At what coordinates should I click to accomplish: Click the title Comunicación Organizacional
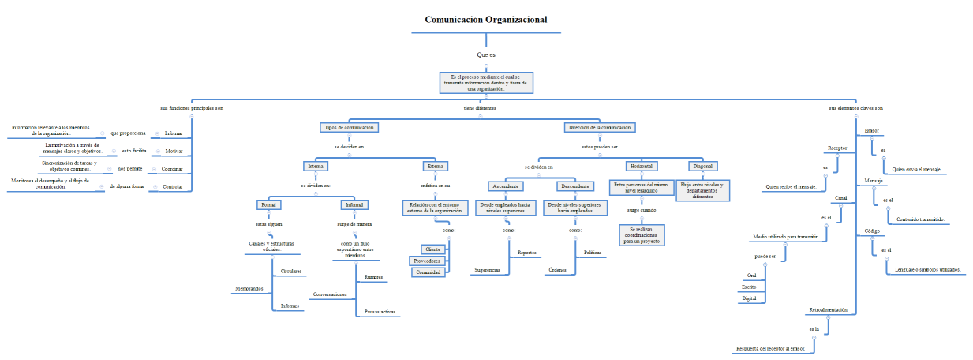point(486,20)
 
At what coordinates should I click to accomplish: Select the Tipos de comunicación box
point(349,127)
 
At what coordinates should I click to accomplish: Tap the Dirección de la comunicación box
point(600,127)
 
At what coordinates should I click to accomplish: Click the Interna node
point(315,167)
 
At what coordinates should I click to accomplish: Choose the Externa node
point(436,167)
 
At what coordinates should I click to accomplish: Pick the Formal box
point(270,204)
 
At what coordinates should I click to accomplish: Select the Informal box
point(354,204)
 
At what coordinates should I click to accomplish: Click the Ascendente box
point(505,186)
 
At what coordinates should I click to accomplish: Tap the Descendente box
point(575,186)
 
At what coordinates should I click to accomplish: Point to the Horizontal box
point(642,167)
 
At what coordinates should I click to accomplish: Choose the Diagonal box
point(703,167)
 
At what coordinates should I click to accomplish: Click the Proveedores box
point(427,261)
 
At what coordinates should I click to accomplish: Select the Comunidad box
point(428,272)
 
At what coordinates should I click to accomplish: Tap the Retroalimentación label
point(829,310)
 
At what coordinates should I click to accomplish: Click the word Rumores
point(374,277)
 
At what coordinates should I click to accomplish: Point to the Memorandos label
point(249,289)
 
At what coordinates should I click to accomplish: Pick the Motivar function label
point(174,151)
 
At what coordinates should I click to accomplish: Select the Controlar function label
point(173,187)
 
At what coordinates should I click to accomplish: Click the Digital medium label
point(750,298)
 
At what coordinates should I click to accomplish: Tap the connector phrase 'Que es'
point(486,54)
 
